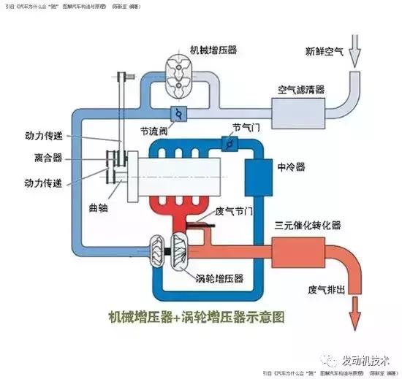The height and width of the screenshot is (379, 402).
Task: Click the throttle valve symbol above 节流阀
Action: pyautogui.click(x=177, y=114)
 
